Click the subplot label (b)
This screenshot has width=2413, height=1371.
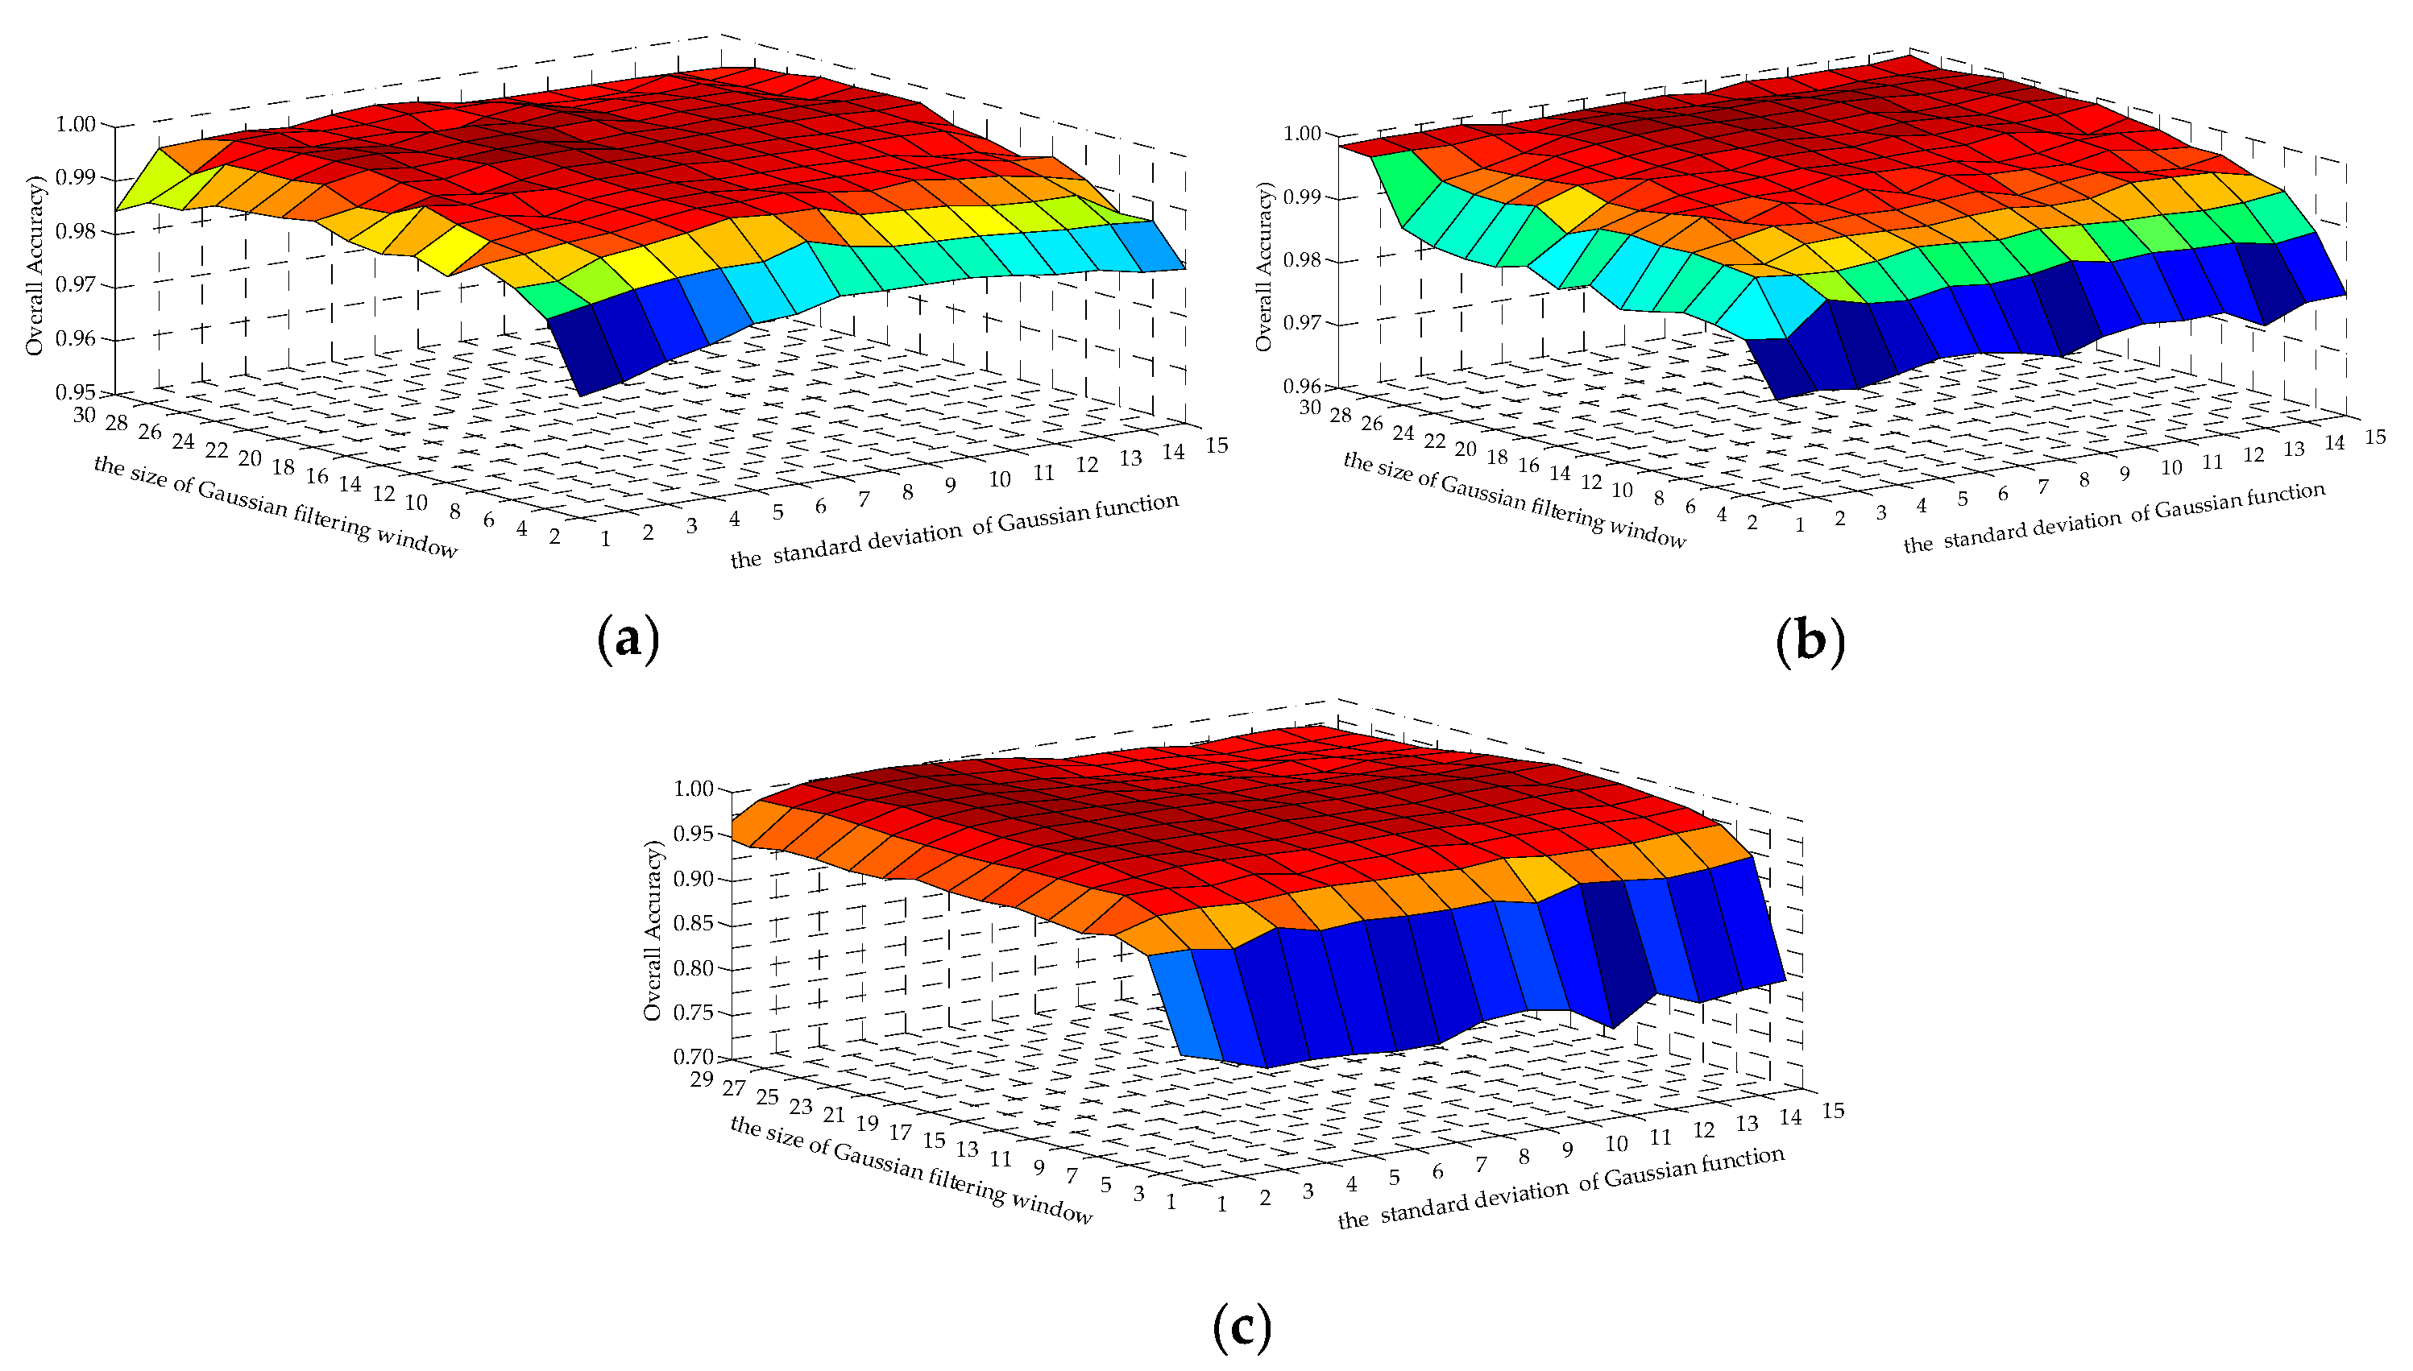[1810, 641]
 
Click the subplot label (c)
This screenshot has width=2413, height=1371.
[1242, 1327]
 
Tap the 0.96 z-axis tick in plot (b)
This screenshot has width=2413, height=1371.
[1303, 386]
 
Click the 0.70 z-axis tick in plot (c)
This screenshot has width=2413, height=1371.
[693, 1057]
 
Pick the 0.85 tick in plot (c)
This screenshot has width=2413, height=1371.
[693, 923]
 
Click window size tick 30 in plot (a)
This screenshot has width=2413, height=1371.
[84, 414]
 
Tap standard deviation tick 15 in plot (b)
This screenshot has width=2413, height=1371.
[2374, 437]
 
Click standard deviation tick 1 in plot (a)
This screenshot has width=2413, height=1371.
[605, 540]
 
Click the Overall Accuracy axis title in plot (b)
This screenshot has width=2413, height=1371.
[1264, 267]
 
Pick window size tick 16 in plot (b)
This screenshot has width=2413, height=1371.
[1528, 465]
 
